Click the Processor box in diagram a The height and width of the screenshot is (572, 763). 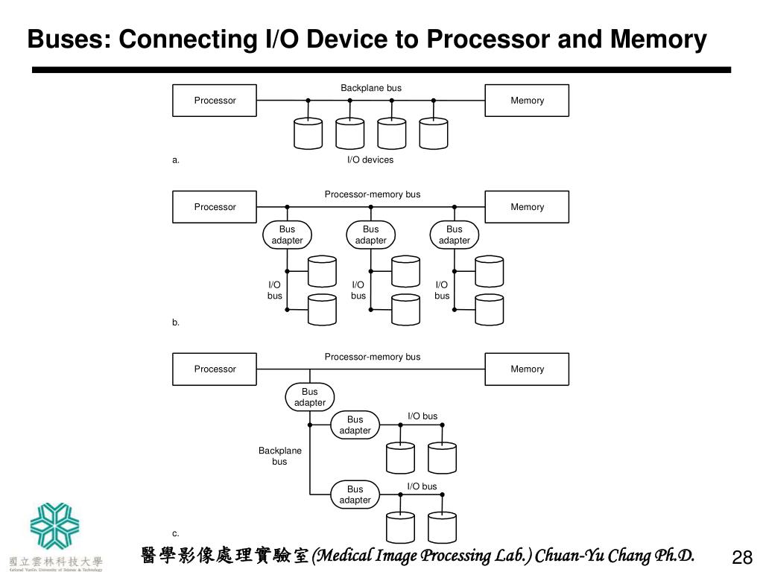coord(215,101)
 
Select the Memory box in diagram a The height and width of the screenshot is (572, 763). coord(527,101)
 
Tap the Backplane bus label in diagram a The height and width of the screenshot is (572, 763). coord(371,88)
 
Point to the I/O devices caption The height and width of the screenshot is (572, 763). coord(370,159)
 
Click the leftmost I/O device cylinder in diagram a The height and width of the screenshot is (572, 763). coord(308,133)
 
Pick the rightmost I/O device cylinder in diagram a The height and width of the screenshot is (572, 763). coord(434,133)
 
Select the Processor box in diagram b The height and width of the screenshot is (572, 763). coord(215,207)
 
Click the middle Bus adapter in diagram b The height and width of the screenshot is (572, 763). coord(371,235)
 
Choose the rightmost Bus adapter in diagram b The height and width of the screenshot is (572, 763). coord(455,235)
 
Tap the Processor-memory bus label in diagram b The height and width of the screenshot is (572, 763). coord(373,194)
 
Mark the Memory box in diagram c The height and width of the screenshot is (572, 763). coord(527,369)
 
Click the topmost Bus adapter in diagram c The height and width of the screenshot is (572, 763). coord(310,397)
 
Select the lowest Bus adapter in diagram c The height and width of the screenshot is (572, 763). coord(355,495)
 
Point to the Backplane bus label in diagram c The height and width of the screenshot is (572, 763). coord(280,456)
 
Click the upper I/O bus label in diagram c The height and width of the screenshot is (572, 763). coord(422,416)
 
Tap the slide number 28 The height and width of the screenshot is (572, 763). coord(742,557)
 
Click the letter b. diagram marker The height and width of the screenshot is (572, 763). coord(176,322)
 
